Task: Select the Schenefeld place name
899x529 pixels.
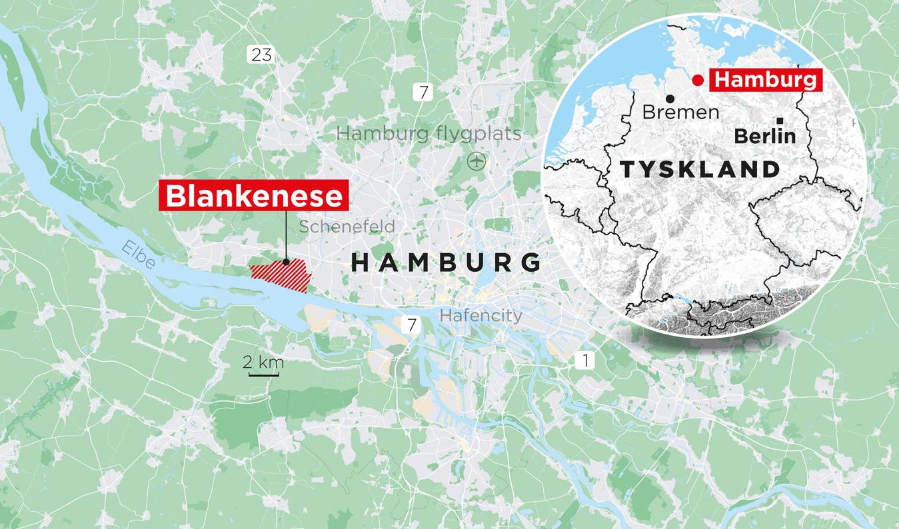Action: pyautogui.click(x=347, y=227)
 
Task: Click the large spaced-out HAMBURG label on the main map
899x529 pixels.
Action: pyautogui.click(x=446, y=262)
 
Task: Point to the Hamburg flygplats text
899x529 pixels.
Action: pyautogui.click(x=429, y=133)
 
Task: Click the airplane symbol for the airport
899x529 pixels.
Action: pyautogui.click(x=475, y=161)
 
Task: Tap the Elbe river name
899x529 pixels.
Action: pyautogui.click(x=139, y=255)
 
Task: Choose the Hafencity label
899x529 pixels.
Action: pyautogui.click(x=481, y=315)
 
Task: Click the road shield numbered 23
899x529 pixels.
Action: pyautogui.click(x=261, y=55)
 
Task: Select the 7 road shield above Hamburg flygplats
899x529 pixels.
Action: pyautogui.click(x=423, y=92)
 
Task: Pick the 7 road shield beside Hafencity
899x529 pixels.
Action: pyautogui.click(x=412, y=325)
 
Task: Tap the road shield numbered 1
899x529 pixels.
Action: pyautogui.click(x=585, y=361)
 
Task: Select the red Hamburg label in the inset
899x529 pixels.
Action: pyautogui.click(x=764, y=80)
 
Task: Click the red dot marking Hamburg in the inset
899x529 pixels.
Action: pyautogui.click(x=697, y=81)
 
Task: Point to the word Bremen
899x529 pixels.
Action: pyautogui.click(x=680, y=112)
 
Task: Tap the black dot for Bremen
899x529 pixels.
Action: pyautogui.click(x=669, y=99)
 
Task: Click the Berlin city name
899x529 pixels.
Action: pyautogui.click(x=764, y=136)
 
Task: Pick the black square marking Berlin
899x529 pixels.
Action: pyautogui.click(x=780, y=121)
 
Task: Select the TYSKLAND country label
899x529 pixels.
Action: pyautogui.click(x=700, y=169)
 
